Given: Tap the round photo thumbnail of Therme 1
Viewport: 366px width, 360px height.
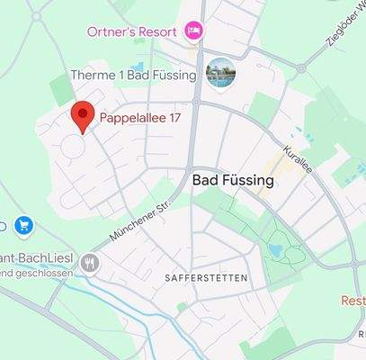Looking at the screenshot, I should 219,75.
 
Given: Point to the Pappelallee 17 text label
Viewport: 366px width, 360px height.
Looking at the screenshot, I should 142,117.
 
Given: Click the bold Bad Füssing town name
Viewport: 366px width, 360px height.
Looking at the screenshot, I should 233,181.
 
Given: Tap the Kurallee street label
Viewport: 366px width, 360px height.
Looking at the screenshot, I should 296,163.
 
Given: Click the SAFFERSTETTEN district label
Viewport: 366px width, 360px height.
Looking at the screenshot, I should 206,278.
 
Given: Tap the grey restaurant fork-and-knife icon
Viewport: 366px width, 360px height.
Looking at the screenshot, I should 89,264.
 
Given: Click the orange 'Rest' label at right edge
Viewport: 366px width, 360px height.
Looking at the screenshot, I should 353,301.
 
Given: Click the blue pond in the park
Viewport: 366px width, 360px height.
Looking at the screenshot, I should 274,249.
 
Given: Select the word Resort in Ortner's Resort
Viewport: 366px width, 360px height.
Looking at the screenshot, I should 156,32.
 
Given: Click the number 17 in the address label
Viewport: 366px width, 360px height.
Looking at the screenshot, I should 175,117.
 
